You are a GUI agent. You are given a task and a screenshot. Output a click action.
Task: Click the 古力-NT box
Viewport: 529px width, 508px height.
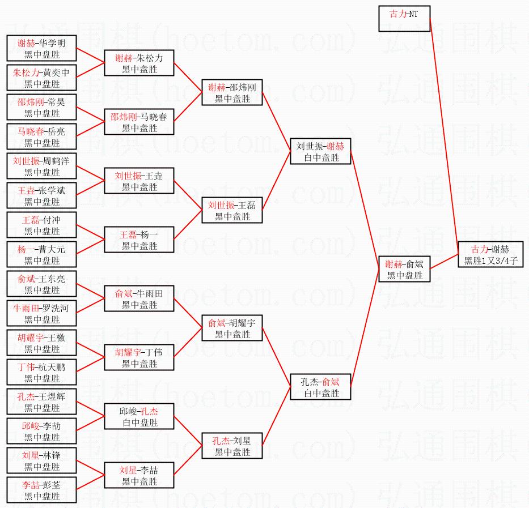click(x=404, y=19)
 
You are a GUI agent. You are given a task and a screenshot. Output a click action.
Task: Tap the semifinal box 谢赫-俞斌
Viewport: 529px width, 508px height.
click(x=404, y=269)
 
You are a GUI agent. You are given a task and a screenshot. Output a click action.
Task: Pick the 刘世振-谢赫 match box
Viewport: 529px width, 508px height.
click(x=321, y=151)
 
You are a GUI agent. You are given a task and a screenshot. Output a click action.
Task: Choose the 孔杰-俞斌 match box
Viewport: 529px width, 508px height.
click(x=321, y=387)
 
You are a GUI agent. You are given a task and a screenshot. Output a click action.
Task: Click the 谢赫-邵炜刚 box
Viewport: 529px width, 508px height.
click(x=232, y=92)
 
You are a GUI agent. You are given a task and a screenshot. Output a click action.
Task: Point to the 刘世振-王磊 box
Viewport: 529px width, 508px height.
click(x=232, y=210)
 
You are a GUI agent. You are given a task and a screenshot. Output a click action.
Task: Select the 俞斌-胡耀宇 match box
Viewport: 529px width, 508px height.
click(x=232, y=328)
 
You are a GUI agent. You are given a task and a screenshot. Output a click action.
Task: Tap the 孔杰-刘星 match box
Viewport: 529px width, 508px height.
click(x=232, y=446)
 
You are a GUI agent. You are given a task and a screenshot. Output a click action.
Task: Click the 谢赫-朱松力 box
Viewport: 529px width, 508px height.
click(x=139, y=63)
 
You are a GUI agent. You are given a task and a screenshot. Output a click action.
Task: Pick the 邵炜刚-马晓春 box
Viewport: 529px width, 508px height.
click(x=139, y=122)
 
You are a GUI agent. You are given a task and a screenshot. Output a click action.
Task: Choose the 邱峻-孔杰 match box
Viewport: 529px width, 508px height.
click(x=139, y=416)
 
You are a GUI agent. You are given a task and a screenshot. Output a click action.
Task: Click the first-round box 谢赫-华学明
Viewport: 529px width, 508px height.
click(x=41, y=48)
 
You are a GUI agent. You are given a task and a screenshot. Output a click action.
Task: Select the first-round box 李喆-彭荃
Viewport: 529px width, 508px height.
click(x=41, y=490)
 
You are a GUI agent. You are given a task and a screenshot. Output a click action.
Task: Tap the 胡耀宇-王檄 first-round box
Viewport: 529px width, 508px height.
click(x=41, y=343)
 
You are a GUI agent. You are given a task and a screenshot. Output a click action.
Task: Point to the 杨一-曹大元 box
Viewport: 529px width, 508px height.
click(x=41, y=254)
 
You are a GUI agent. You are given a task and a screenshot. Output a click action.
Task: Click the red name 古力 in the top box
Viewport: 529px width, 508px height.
click(x=398, y=14)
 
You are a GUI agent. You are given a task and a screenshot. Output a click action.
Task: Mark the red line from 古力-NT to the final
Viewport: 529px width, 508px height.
click(x=445, y=130)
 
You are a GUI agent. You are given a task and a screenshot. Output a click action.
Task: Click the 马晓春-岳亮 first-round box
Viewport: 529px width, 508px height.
click(x=41, y=136)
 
